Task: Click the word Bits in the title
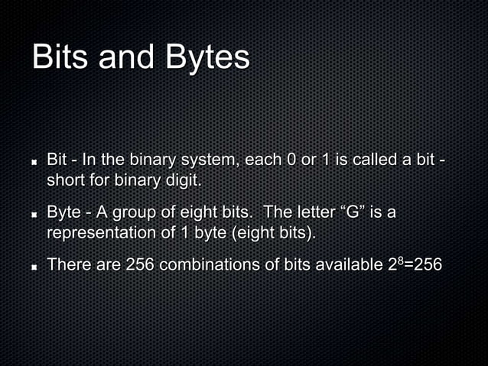[63, 58]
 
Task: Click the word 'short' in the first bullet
[66, 179]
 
